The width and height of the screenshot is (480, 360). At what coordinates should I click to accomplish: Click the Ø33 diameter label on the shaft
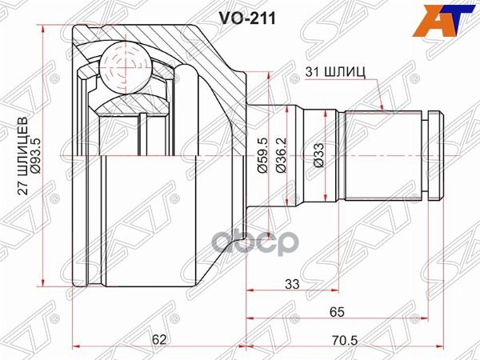tap(318, 158)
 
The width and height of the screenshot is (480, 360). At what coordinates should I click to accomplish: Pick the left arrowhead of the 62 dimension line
tap(76, 346)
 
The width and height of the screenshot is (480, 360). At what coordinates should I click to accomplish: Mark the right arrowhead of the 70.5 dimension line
tap(441, 346)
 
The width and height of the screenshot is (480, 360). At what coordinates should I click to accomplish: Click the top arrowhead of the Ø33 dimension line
tap(324, 117)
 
